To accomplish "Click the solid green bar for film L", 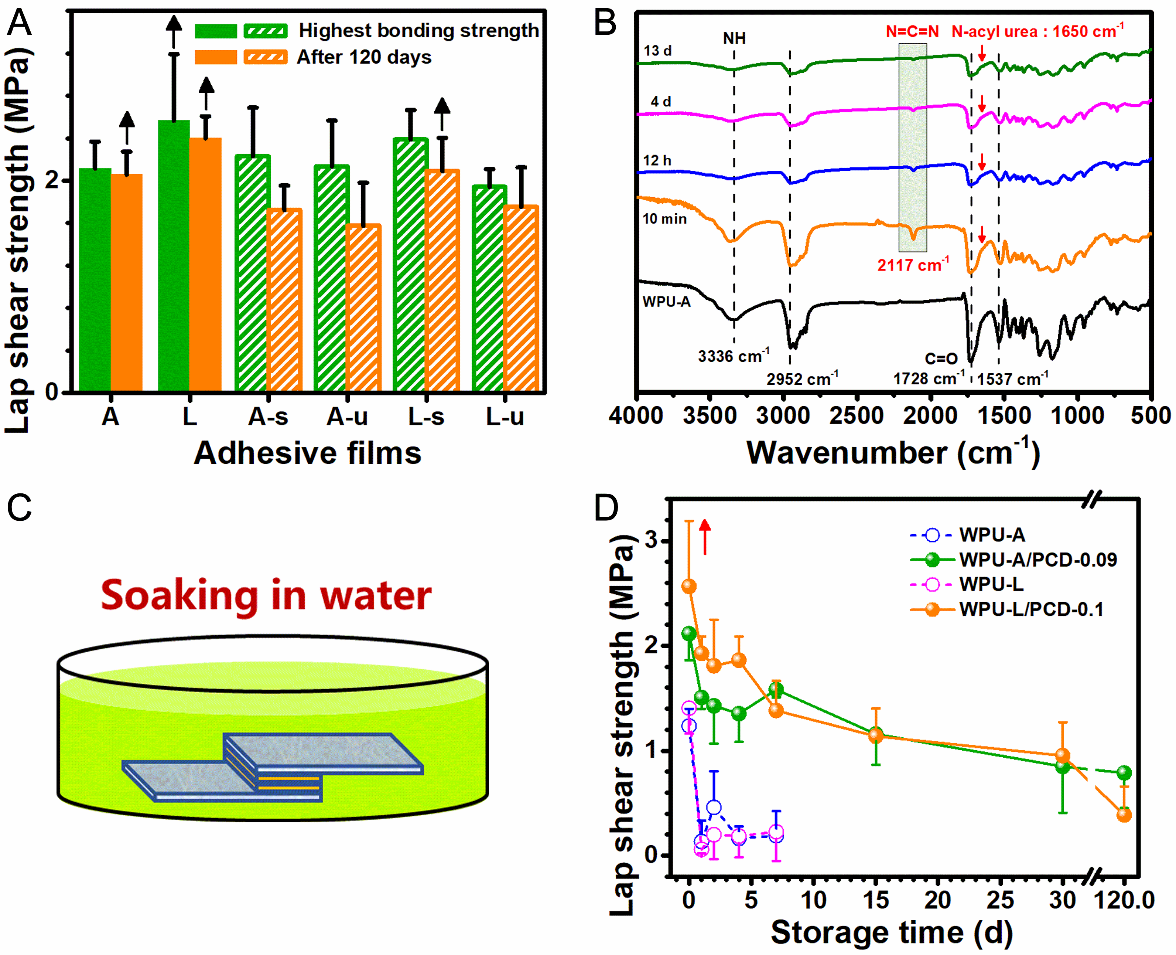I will (x=174, y=256).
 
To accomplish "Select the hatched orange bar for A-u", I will (x=363, y=308).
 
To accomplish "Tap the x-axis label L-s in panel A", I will (x=426, y=417).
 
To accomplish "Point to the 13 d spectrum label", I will (x=657, y=51).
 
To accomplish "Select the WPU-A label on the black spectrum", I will (x=666, y=302).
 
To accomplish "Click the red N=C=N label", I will (x=912, y=32).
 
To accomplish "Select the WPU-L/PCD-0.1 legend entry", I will (x=1031, y=609).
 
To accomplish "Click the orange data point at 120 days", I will (x=1124, y=815).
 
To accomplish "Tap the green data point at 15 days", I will (x=876, y=734).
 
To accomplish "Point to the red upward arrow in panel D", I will (x=705, y=536).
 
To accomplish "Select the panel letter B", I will (x=605, y=24).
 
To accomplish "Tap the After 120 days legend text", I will (x=364, y=57).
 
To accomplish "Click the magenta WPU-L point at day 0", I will (x=689, y=708).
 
